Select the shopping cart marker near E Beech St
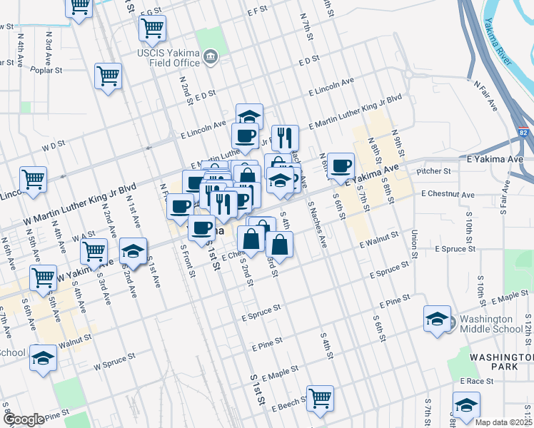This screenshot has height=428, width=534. coord(320,398)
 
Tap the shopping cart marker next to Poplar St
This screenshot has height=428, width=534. coord(108,75)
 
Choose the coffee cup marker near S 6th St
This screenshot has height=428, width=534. coord(341,165)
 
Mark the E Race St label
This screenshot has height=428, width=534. coord(477,382)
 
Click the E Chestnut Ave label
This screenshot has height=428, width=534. coord(448,194)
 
